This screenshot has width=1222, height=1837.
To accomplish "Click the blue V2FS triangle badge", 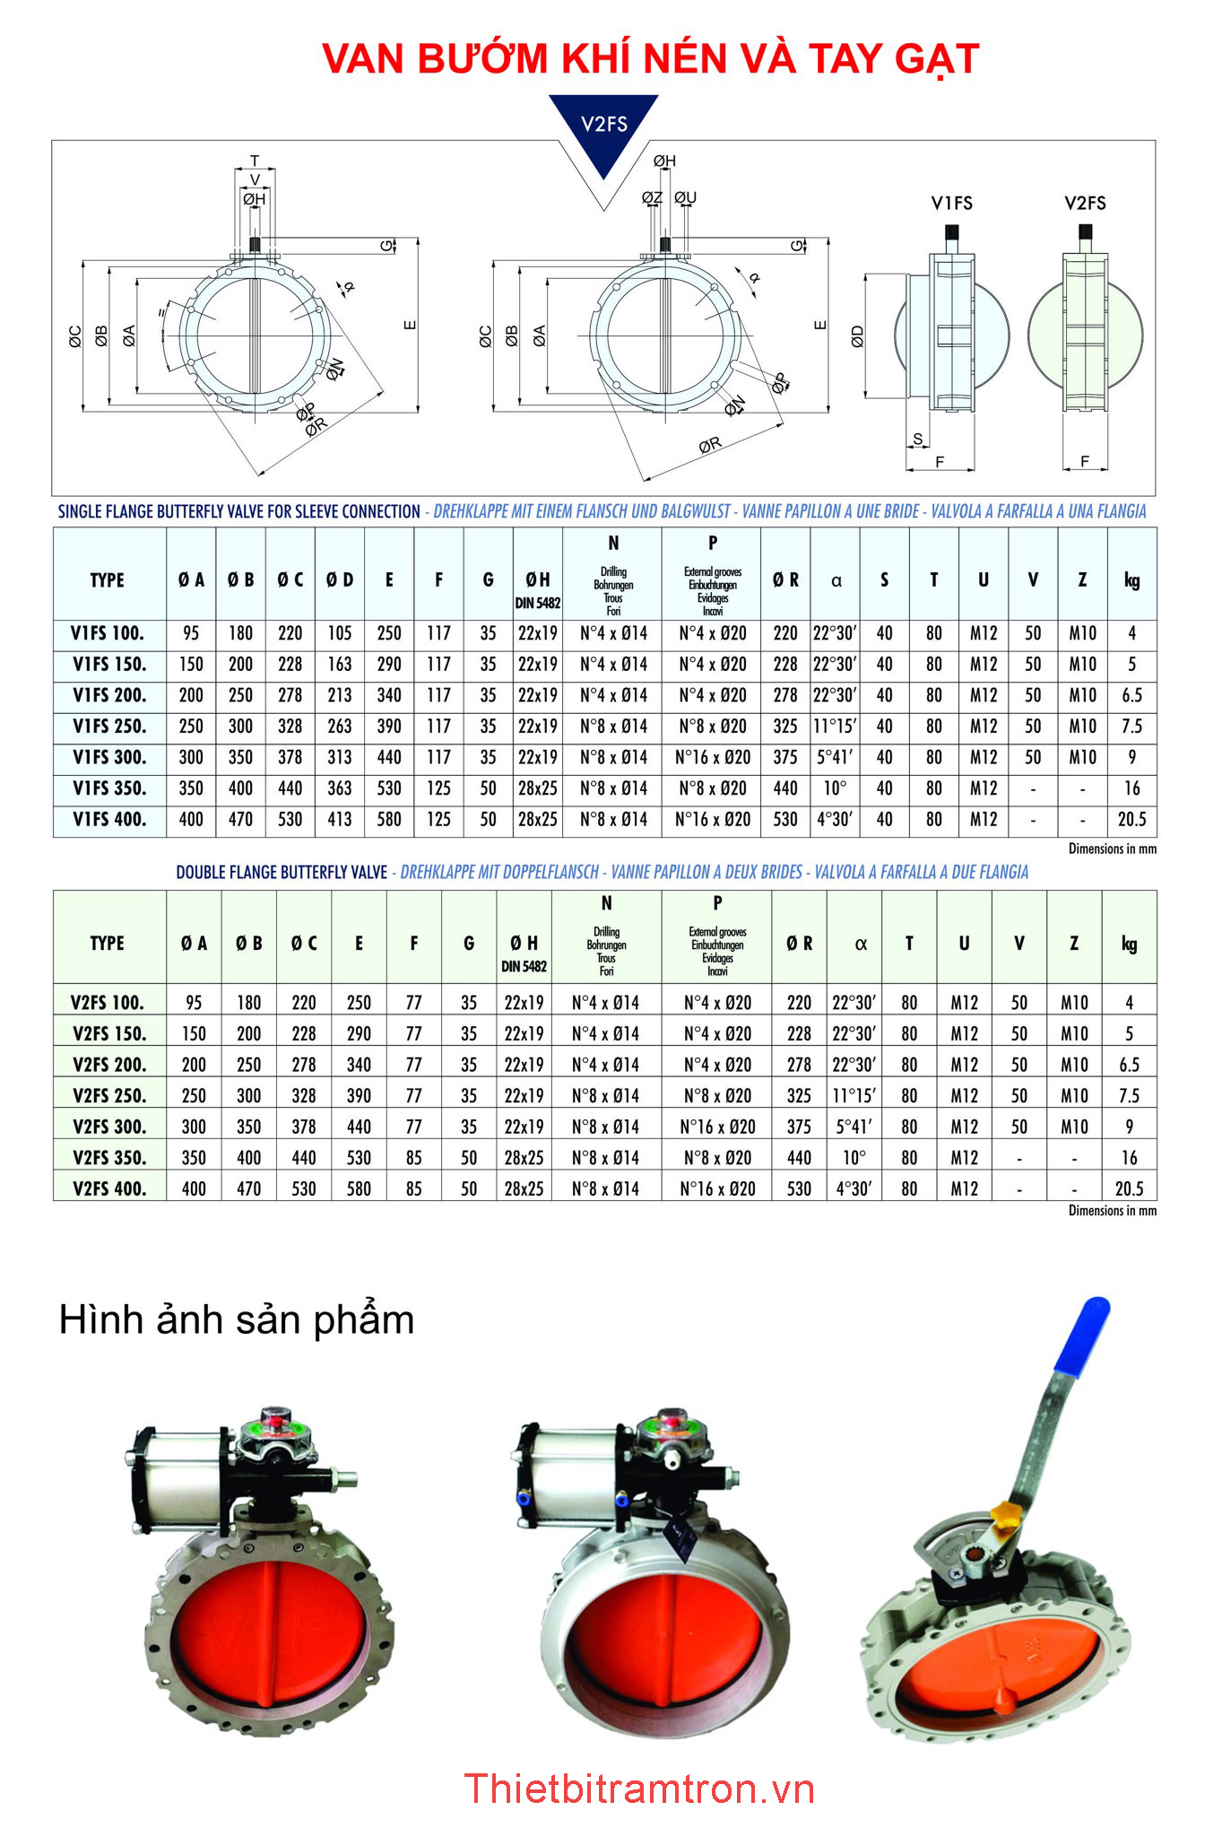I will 603,126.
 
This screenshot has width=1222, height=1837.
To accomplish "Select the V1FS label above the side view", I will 951,204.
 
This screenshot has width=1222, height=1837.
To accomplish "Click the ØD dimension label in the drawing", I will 857,336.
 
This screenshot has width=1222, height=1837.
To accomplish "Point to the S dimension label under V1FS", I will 917,440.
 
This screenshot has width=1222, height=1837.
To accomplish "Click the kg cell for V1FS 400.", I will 1131,819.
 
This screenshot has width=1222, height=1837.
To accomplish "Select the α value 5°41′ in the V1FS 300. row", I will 835,757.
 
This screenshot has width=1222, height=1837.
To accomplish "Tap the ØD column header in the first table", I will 339,580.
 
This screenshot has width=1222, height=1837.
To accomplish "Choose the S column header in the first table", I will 884,580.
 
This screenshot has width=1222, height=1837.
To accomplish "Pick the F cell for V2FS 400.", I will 413,1188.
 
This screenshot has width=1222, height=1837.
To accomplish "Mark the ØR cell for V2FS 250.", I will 799,1096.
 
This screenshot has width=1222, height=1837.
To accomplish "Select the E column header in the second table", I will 359,944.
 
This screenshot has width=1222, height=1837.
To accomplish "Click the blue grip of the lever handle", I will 1083,1335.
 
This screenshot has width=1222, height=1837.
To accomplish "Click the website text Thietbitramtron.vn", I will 639,1789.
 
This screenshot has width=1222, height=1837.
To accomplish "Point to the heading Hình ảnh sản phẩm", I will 237,1320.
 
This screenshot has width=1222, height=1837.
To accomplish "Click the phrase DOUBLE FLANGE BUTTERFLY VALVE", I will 282,872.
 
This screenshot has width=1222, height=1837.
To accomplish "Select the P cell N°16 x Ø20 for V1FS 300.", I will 712,757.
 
